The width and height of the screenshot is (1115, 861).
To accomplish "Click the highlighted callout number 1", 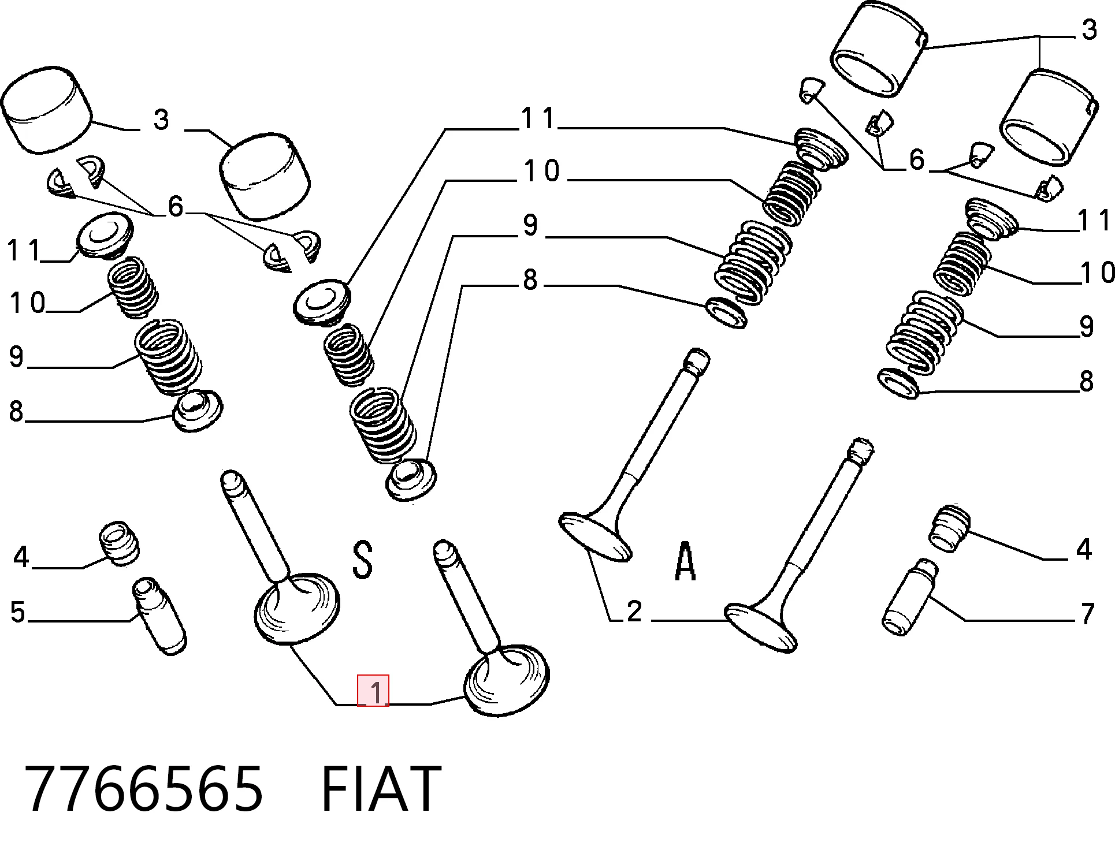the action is click(x=373, y=691).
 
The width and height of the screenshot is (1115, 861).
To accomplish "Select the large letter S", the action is click(x=362, y=560).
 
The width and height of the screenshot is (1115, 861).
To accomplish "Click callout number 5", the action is click(x=18, y=613).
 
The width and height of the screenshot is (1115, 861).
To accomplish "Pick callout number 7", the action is click(x=1087, y=614).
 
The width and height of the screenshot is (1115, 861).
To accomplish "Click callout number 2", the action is click(x=634, y=612).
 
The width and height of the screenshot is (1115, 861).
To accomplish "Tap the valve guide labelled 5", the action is click(x=160, y=616).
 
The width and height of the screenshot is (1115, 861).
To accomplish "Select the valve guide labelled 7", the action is click(x=910, y=597).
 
